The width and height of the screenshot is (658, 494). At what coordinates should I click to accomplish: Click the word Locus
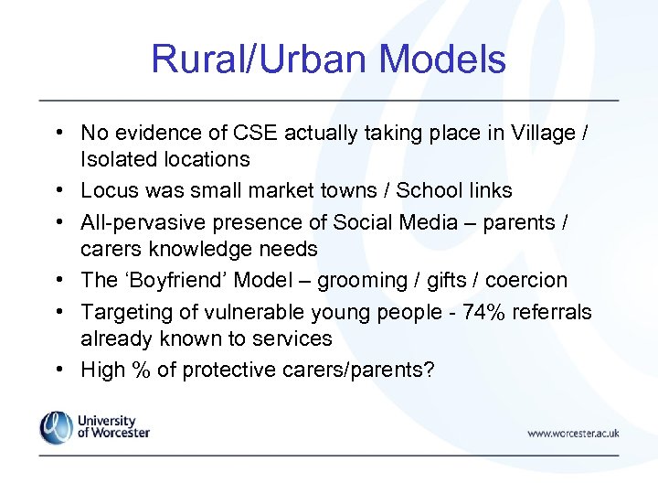(x=107, y=190)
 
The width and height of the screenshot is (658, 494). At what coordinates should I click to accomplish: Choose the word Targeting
(x=123, y=312)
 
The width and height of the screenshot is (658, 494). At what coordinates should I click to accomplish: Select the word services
(x=292, y=338)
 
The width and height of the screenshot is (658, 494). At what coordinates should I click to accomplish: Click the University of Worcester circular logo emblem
(x=56, y=427)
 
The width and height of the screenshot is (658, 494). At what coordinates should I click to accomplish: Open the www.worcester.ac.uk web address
(x=573, y=433)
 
